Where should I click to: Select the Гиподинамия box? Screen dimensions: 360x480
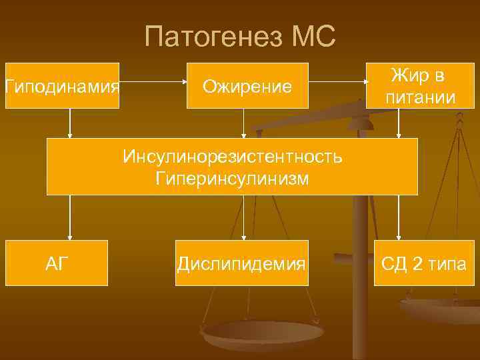pos(62,85)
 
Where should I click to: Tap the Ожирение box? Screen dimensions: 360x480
pos(247,85)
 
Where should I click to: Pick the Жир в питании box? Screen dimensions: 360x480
pos(420,85)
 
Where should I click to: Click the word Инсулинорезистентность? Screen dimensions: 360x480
pos(232,157)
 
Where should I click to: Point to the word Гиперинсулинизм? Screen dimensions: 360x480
pos(232,178)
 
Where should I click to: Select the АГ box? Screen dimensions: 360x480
pos(57,263)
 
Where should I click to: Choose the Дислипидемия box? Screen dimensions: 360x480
pos(241,263)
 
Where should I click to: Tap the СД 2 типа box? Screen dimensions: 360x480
pos(423,263)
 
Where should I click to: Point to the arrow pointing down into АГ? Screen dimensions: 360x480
pos(70,217)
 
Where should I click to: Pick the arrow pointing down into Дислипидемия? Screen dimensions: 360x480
pos(243,217)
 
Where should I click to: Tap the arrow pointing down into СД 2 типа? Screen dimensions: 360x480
pos(399,217)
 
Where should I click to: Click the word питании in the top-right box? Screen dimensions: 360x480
pos(420,97)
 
